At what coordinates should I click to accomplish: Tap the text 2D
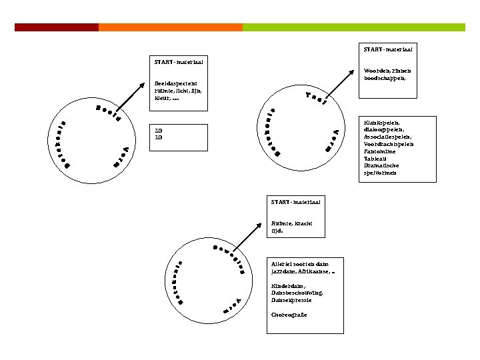(x=158, y=130)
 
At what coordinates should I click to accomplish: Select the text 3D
(x=158, y=137)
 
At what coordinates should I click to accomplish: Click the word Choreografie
(x=289, y=315)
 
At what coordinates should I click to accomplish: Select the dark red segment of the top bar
(x=57, y=27)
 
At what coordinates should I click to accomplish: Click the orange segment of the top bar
(x=171, y=27)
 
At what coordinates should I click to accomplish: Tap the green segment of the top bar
(x=353, y=27)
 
